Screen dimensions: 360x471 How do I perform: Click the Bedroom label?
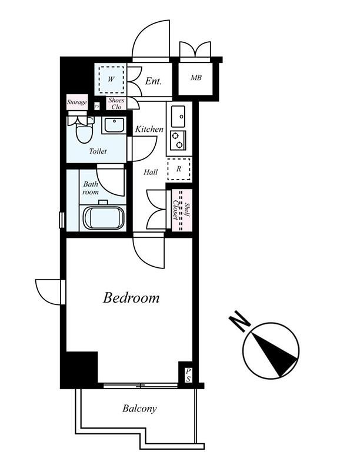coord(131,298)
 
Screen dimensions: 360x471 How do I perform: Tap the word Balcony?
coord(139,409)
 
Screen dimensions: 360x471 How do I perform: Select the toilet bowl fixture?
coord(84,131)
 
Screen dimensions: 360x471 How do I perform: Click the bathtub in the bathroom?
coord(104,217)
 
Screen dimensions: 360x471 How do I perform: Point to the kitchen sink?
coord(178,116)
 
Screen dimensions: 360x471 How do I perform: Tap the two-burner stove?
coord(178,140)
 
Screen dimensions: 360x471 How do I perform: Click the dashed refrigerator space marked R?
coord(179,169)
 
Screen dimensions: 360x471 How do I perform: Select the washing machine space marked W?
coord(111,79)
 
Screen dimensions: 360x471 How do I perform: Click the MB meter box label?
coord(196,78)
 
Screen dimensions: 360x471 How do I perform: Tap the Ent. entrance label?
coord(154,81)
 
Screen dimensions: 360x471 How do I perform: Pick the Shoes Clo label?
coord(116,104)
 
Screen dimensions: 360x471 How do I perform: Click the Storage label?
coord(77,102)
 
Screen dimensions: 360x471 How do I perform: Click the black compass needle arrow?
coord(275,354)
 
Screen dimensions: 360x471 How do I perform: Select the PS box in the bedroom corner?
coord(188,375)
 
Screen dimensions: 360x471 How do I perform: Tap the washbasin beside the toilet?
coord(114,125)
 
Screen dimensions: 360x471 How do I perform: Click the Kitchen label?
coord(149,129)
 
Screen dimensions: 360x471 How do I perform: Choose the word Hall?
coord(151,172)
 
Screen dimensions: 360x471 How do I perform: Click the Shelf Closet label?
coord(182,210)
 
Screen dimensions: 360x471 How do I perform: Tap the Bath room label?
coord(91,188)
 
